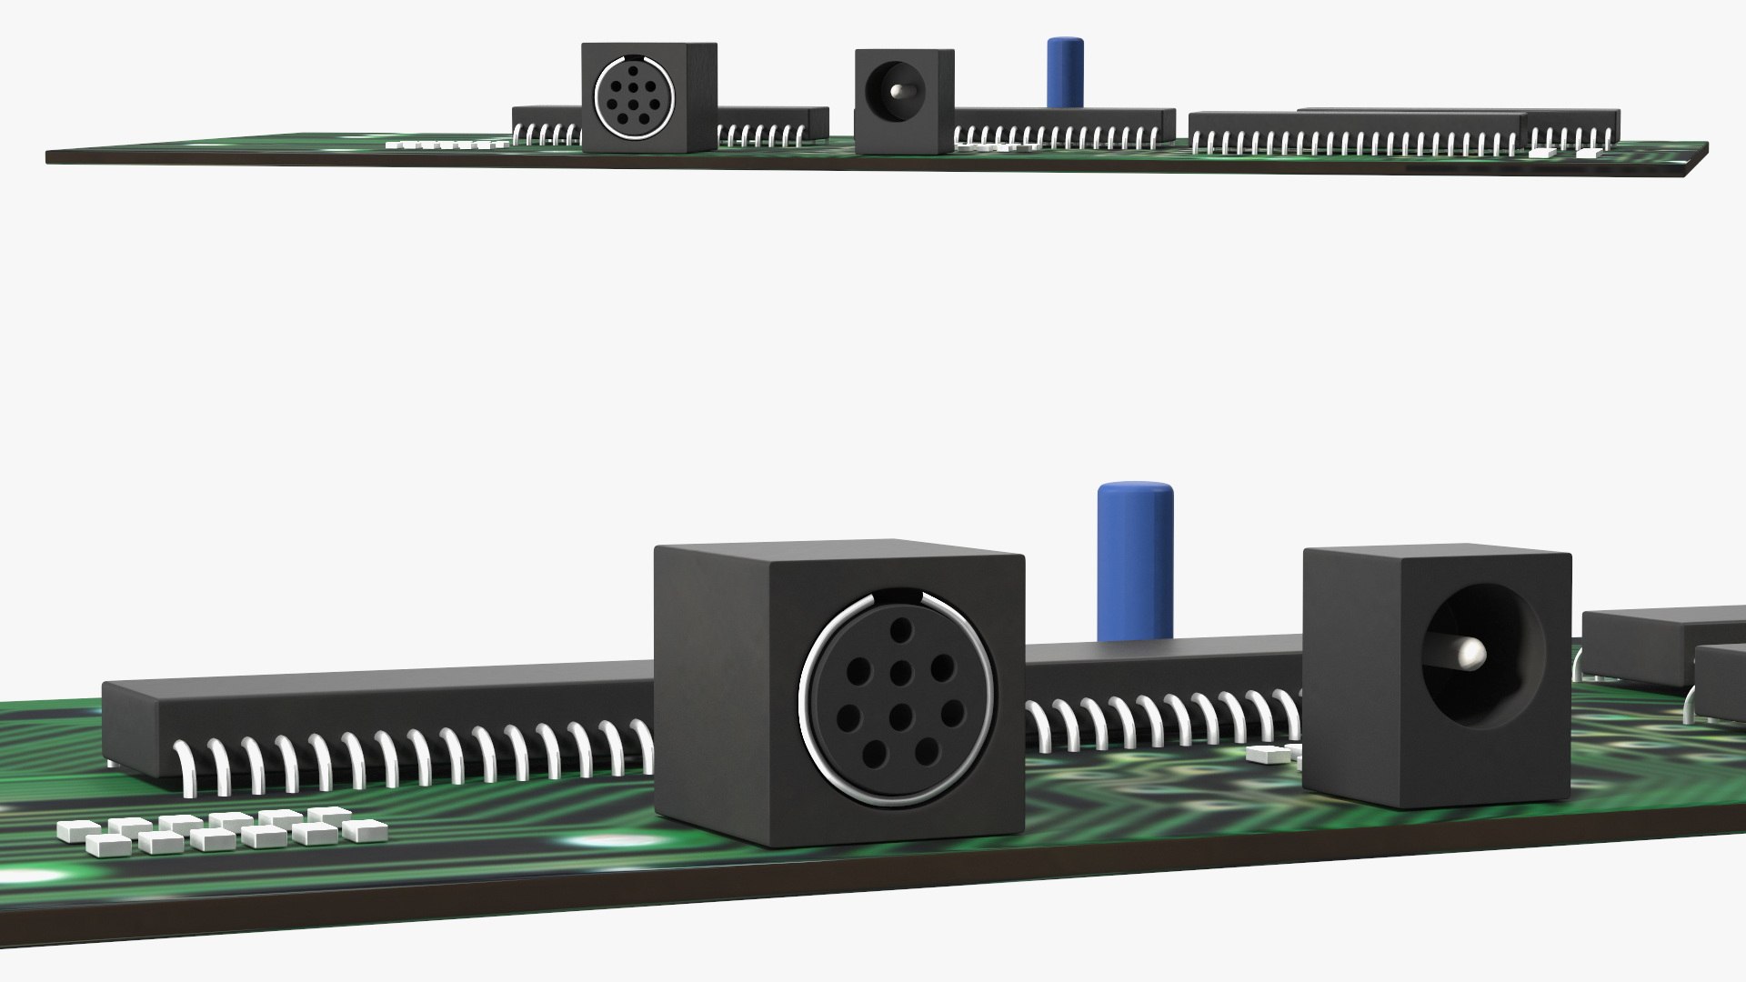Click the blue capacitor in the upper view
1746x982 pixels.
click(1065, 73)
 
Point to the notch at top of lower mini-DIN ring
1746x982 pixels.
click(898, 597)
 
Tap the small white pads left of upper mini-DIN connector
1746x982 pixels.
click(446, 144)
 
